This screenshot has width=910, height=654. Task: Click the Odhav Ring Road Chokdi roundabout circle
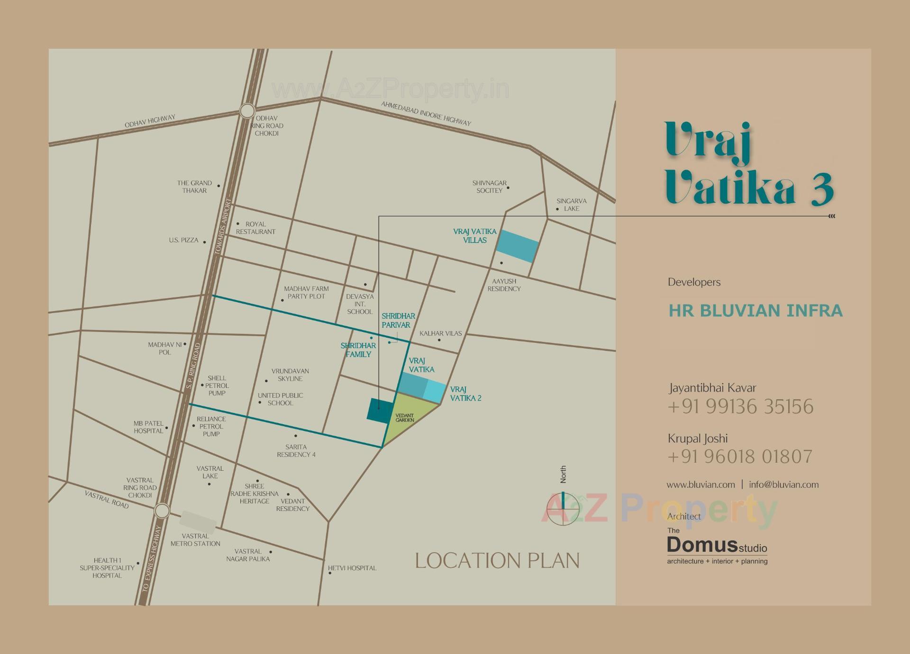click(247, 111)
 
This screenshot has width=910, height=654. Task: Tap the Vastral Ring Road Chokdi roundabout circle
click(162, 511)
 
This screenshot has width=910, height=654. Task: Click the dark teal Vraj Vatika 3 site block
click(380, 410)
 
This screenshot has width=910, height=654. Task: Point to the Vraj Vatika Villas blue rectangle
click(518, 246)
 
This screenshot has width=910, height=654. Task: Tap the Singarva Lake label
click(572, 205)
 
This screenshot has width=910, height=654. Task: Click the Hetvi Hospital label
click(352, 568)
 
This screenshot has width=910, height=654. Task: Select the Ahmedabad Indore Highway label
click(426, 114)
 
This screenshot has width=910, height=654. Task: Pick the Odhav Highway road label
click(150, 121)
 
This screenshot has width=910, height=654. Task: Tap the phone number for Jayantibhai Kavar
click(740, 407)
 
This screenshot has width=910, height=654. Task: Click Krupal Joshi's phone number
click(740, 457)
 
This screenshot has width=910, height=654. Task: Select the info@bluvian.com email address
click(783, 484)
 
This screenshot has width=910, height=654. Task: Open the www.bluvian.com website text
click(701, 484)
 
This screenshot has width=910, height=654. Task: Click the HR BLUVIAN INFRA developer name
click(755, 311)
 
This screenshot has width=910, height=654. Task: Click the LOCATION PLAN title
click(497, 561)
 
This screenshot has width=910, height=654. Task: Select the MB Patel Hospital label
click(148, 427)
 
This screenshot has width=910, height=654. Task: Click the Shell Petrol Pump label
click(217, 385)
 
